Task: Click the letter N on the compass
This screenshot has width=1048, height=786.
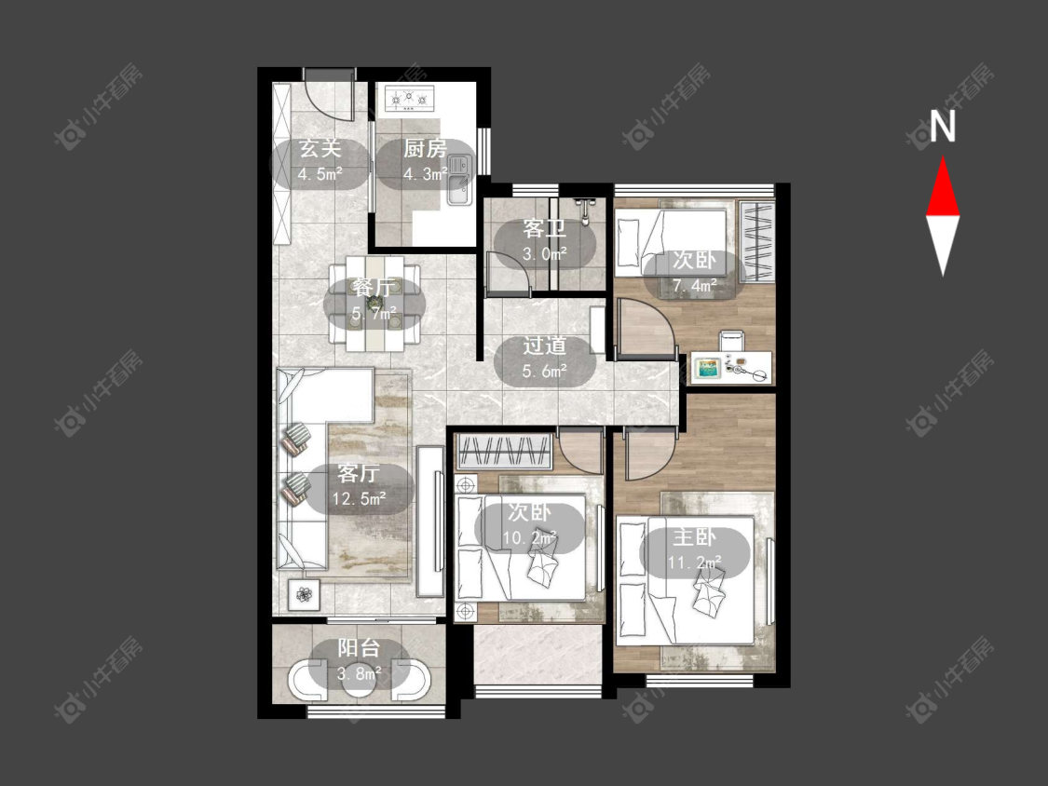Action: tap(943, 126)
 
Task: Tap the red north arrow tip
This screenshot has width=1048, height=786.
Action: tap(943, 157)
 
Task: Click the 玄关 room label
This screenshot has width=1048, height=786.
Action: tap(320, 148)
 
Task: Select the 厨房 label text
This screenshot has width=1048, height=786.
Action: tap(425, 148)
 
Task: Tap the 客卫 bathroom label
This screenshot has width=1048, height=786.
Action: tap(544, 228)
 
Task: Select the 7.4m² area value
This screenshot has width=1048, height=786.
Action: tap(695, 286)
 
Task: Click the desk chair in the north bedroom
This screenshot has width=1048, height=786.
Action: tap(732, 341)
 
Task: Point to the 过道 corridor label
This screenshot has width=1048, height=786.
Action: tap(545, 346)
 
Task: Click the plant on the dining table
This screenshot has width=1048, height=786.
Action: tap(374, 304)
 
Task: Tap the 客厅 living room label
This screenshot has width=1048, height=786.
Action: tap(359, 473)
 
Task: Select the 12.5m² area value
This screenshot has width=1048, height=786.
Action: tap(360, 498)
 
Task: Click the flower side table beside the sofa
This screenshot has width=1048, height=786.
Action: tap(304, 594)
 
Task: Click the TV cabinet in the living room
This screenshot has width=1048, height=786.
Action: tap(430, 522)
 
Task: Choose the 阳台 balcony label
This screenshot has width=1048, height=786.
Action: tap(359, 647)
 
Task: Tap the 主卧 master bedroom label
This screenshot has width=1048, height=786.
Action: tap(694, 537)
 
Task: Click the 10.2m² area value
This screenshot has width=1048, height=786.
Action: tap(530, 537)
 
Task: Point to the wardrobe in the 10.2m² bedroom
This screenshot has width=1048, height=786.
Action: tap(505, 451)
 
